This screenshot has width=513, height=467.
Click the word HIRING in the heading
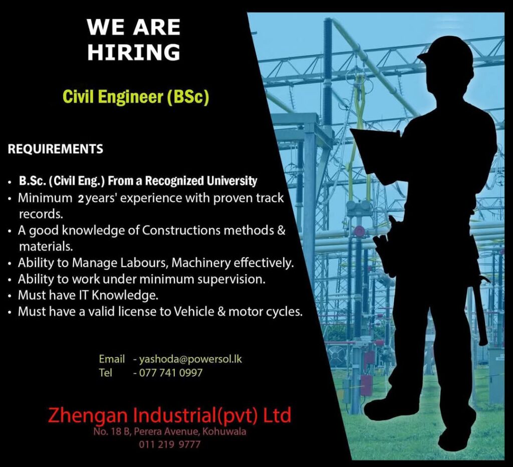click(x=134, y=52)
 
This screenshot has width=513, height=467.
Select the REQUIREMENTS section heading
click(x=55, y=149)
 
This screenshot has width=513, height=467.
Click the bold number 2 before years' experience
click(x=81, y=199)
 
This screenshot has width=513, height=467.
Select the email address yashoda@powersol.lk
click(x=190, y=359)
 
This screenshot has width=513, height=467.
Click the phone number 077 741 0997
click(x=171, y=373)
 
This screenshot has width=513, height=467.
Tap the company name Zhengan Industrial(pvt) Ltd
click(x=169, y=415)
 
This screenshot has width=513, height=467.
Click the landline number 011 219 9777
click(x=169, y=444)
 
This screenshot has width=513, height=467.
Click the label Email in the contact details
click(x=112, y=359)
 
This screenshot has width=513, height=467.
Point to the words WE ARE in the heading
click(x=134, y=27)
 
